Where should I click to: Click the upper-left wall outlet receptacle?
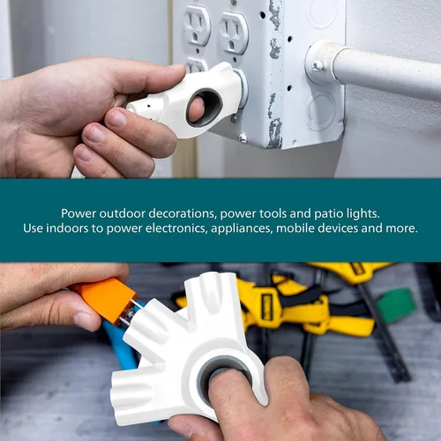[197, 25]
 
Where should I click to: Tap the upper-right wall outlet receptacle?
[234, 33]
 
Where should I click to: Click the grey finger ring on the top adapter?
[204, 108]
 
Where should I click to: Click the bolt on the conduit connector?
[318, 65]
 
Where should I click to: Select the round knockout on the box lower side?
[321, 111]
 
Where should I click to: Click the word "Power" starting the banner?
[78, 213]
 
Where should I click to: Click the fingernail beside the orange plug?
[84, 321]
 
